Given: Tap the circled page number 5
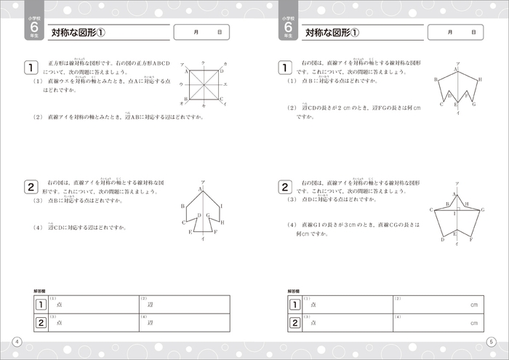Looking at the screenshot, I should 491,343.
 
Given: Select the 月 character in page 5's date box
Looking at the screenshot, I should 449,33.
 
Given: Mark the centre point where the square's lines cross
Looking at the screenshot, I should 204,84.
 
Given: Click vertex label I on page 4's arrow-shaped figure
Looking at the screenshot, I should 221,207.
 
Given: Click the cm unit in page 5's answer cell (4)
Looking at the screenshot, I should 474,323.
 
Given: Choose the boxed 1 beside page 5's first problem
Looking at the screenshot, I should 285,68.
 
